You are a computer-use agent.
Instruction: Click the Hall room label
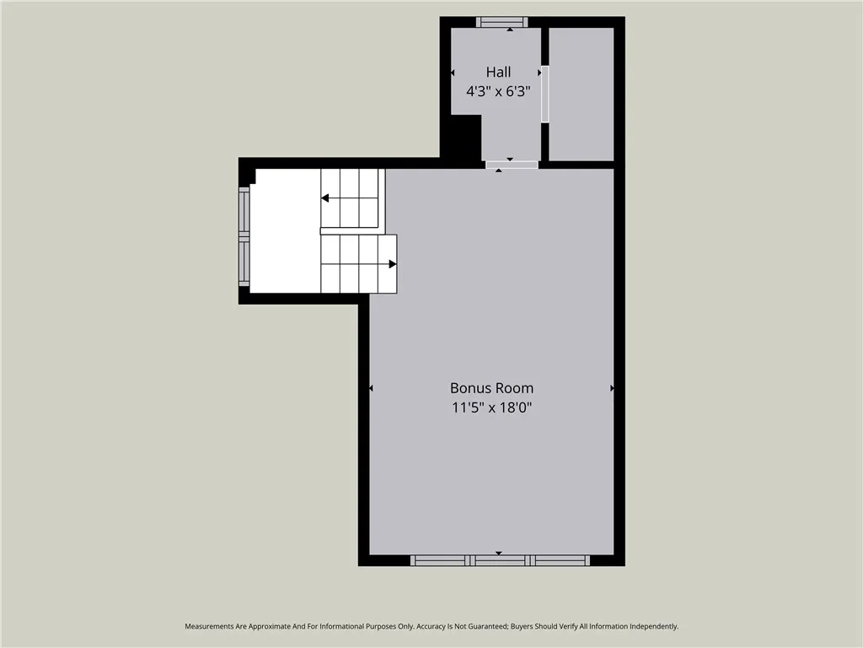click(498, 73)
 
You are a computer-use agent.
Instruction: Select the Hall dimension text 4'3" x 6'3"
click(498, 91)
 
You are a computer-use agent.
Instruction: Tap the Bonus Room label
click(491, 388)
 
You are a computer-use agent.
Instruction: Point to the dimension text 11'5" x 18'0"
click(491, 407)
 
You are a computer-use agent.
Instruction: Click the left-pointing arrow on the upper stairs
click(325, 198)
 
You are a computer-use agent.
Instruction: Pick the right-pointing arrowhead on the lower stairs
click(393, 264)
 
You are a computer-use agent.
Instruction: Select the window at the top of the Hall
click(501, 22)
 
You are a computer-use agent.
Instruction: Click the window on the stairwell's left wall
click(244, 236)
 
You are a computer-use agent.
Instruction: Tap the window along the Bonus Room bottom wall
click(499, 560)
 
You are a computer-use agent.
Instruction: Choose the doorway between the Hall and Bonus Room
click(512, 164)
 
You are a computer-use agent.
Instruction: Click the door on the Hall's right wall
click(544, 94)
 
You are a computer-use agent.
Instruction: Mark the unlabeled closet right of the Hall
click(581, 93)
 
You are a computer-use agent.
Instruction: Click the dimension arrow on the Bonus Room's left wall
click(371, 388)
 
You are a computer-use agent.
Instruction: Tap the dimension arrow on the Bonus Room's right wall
click(612, 388)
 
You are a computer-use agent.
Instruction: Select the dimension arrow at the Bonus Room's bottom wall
click(498, 553)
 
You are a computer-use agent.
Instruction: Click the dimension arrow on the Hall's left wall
click(453, 73)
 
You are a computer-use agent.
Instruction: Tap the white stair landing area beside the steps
click(285, 229)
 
